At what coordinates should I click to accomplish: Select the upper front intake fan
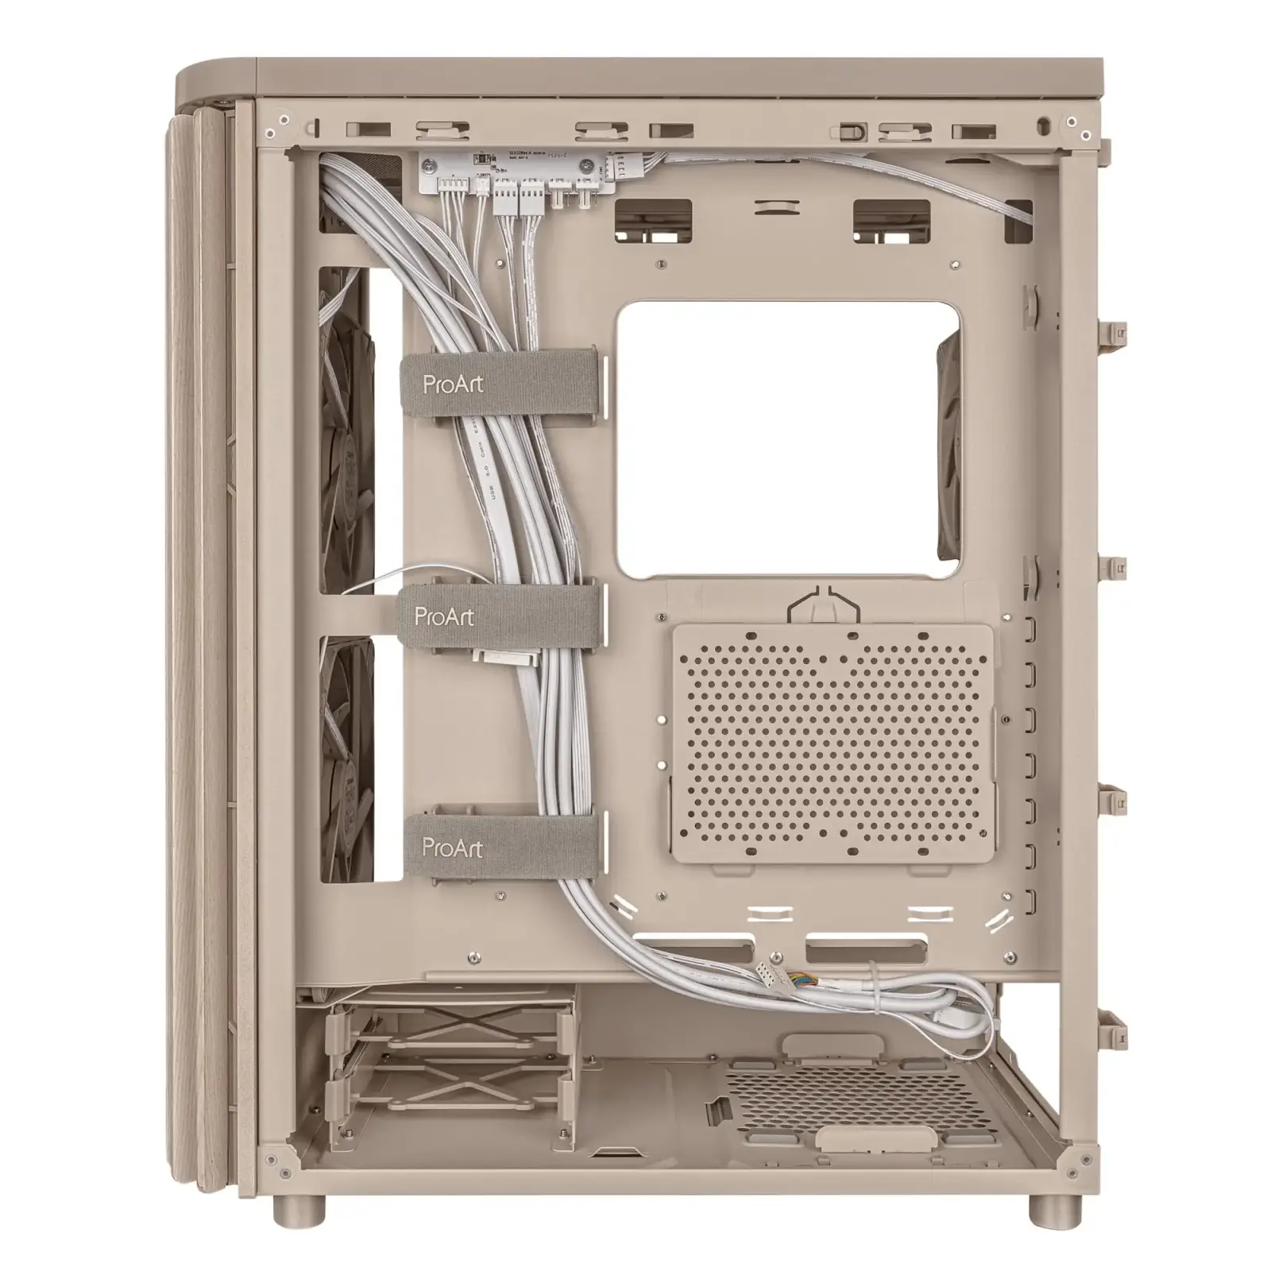(x=346, y=429)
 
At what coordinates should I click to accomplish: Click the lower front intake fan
(x=346, y=755)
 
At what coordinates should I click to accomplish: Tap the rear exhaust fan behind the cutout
(x=949, y=445)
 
